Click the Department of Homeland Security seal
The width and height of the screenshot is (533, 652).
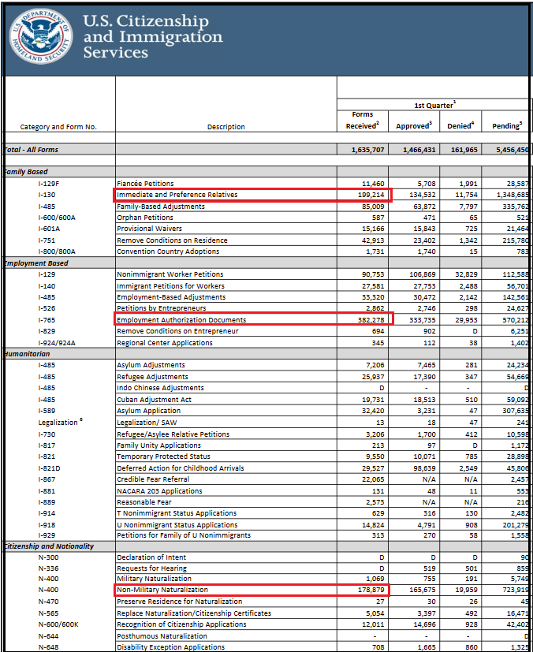coord(40,37)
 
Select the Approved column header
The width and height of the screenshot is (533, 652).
coord(413,126)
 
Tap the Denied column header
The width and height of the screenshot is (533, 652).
coord(461,126)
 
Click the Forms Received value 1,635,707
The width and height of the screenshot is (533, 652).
coord(364,150)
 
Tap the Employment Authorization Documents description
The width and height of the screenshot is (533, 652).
coord(181,320)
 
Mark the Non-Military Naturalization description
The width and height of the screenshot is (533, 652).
coord(162,590)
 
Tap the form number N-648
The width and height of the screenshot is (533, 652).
coord(50,647)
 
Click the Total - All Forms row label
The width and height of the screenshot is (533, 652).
coord(32,150)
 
